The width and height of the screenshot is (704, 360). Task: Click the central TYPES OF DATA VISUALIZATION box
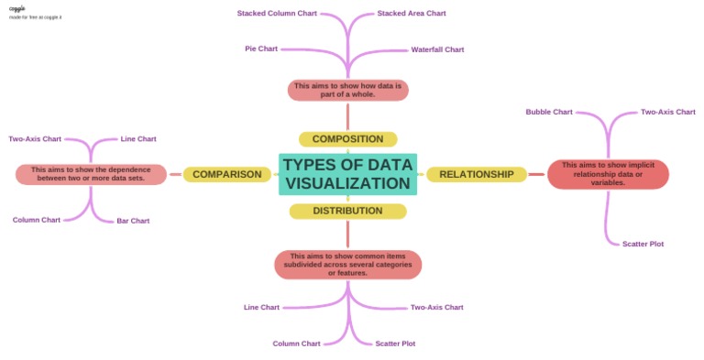347,174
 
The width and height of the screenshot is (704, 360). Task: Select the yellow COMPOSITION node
347,139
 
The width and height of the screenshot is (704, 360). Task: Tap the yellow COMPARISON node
226,174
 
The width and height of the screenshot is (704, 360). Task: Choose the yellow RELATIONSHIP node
476,174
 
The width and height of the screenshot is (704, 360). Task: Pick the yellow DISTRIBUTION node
347,211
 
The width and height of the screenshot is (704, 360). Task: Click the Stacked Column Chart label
277,14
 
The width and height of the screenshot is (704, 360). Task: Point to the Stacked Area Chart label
412,14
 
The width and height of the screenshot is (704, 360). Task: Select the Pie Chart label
261,49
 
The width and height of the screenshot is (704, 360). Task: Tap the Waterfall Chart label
437,49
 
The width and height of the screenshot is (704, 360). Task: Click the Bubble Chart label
549,112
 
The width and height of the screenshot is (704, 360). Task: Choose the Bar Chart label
133,221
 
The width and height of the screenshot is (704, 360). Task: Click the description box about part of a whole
347,90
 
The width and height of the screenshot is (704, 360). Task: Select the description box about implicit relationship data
608,174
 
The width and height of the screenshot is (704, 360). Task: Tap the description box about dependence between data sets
91,174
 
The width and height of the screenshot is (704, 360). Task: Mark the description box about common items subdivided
347,265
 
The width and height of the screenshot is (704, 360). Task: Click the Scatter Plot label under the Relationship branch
643,244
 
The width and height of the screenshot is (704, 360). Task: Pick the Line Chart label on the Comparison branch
138,139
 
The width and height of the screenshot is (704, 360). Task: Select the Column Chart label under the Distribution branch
296,344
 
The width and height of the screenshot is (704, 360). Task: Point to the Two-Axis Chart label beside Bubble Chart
667,112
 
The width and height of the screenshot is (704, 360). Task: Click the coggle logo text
17,8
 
